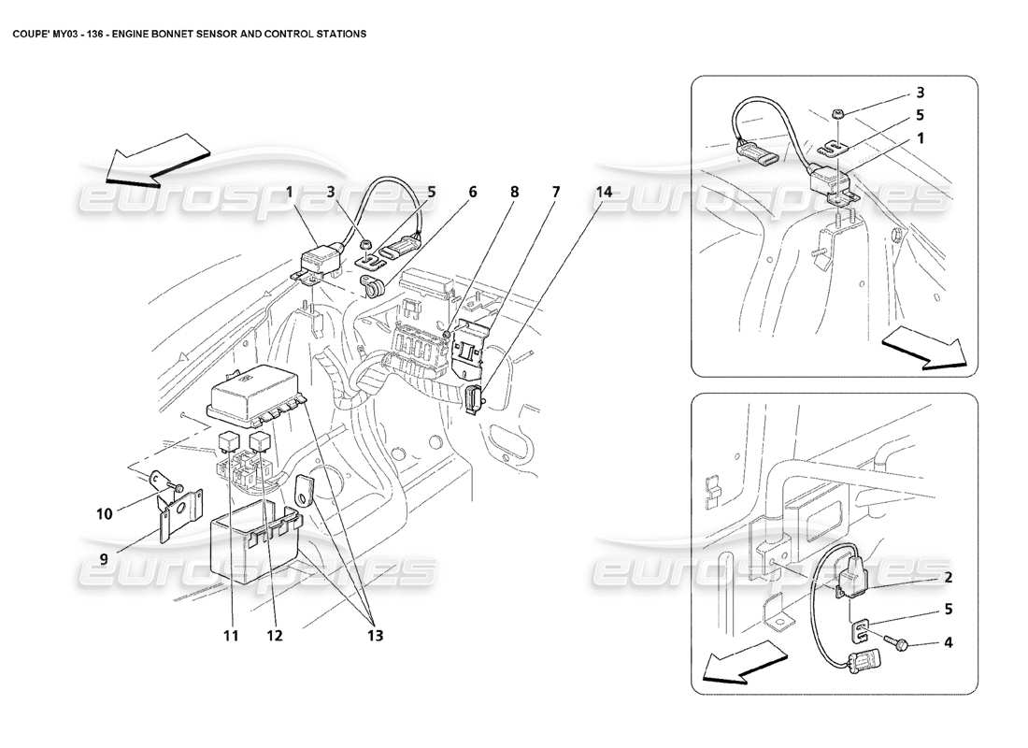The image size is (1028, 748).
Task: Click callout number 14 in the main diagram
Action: click(604, 192)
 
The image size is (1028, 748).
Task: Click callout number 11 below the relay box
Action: click(230, 636)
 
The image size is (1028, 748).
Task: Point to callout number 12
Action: click(273, 636)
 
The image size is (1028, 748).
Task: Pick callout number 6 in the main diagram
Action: click(472, 192)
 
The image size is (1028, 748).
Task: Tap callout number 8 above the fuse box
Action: click(514, 192)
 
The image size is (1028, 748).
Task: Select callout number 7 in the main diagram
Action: click(555, 192)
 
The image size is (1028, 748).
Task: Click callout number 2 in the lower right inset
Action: click(948, 578)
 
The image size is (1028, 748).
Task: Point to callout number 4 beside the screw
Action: click(948, 642)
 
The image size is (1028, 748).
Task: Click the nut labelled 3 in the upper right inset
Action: click(837, 114)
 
